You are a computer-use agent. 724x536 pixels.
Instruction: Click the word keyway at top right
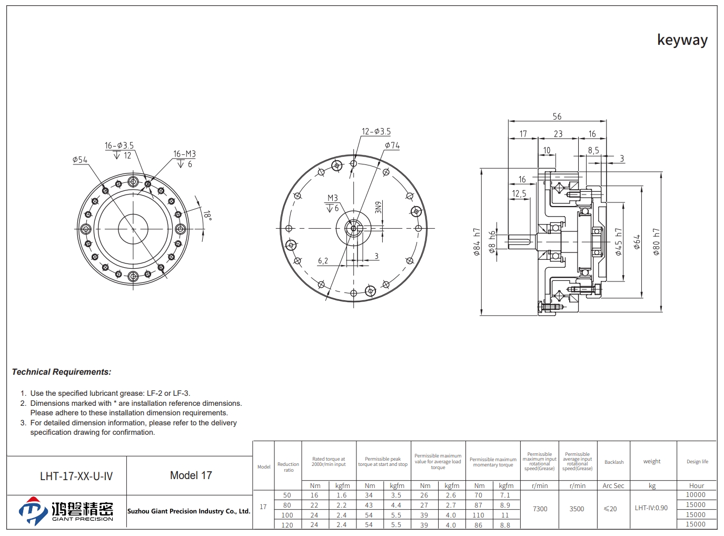pos(682,40)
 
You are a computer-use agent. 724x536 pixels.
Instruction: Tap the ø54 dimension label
pos(80,160)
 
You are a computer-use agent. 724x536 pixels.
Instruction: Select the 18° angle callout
pos(207,215)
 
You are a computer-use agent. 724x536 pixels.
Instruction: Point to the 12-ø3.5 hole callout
pos(376,131)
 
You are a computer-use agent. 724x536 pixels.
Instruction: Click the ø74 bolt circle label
pos(392,145)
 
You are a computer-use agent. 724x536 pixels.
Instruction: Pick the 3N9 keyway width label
pos(378,207)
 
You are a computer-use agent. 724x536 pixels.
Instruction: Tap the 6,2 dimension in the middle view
pos(323,260)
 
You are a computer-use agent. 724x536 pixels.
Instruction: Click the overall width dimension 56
pos(557,116)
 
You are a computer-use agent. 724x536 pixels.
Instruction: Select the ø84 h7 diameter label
pos(477,241)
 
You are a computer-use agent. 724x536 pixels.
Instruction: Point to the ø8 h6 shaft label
pos(492,242)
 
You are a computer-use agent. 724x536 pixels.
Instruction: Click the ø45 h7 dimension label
pos(618,241)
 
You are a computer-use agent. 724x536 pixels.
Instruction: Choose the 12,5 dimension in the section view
pos(519,193)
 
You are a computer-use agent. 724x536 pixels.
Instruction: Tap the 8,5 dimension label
pos(593,150)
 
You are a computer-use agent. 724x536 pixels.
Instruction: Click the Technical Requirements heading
pos(62,372)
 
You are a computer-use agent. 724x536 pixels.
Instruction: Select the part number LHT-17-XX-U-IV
pos(76,476)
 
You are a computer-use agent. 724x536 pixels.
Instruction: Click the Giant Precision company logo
pos(66,511)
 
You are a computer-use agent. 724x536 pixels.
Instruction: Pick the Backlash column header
pos(613,462)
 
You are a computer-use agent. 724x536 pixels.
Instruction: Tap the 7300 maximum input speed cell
pos(540,509)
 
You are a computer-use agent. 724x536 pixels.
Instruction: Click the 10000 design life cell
pos(696,494)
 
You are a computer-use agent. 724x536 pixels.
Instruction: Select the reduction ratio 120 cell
pos(287,525)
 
